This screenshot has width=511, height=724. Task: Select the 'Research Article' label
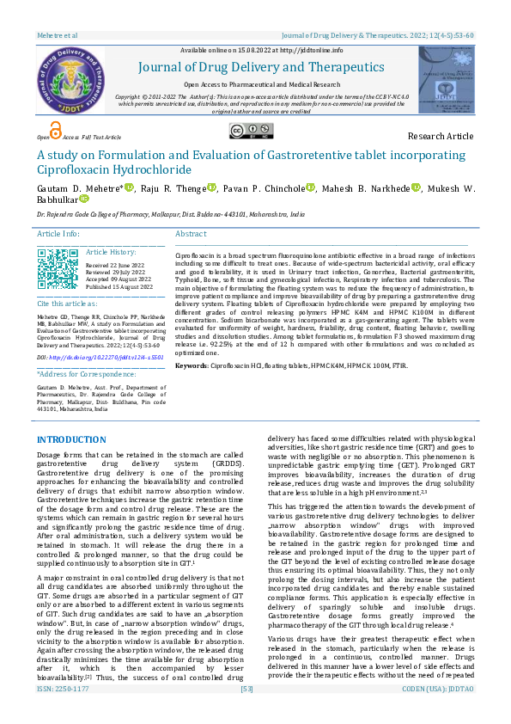[x=440, y=136]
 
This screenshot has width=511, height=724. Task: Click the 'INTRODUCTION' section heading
[x=71, y=440]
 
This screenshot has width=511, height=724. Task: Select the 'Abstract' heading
[x=191, y=234]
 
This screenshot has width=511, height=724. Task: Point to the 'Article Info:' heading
[x=58, y=234]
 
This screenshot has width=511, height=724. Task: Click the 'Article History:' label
[x=111, y=252]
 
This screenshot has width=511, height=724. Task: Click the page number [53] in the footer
[x=247, y=714]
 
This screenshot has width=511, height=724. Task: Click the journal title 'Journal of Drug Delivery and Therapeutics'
[x=263, y=66]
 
